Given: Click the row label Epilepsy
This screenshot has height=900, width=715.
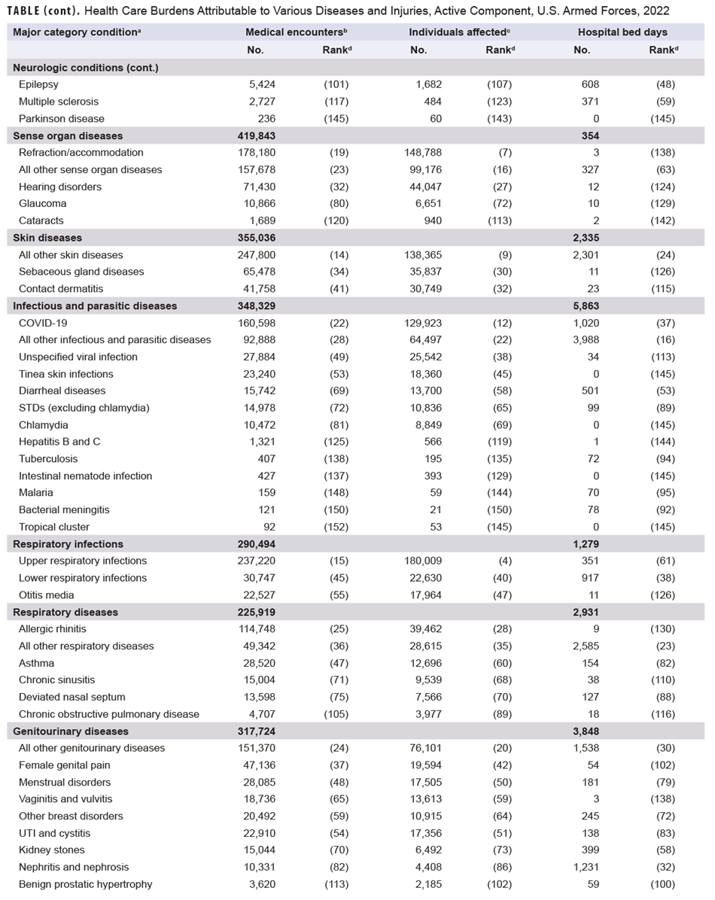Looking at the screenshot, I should pos(39,84).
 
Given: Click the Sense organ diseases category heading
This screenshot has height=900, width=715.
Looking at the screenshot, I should pos(68,135).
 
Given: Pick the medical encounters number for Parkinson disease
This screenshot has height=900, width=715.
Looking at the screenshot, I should pos(266,118).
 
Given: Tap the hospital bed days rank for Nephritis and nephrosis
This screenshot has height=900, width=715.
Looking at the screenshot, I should pos(663,867).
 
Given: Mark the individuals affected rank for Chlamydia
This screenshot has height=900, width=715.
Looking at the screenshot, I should pos(499,424).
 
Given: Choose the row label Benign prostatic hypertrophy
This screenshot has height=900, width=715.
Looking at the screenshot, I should pos(86,884).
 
